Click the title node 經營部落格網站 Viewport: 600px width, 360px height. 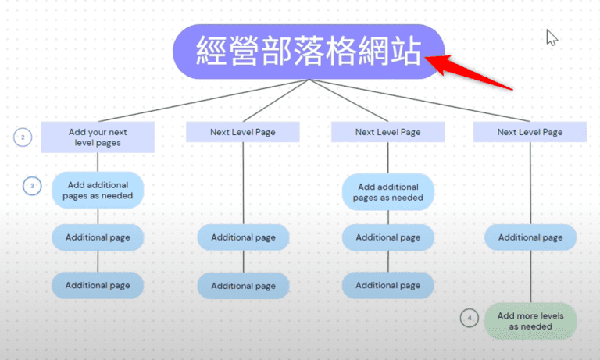(x=309, y=52)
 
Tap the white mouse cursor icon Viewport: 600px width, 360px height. (x=552, y=37)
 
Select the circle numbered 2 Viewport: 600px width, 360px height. (x=23, y=137)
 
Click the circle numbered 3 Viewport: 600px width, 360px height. (x=32, y=186)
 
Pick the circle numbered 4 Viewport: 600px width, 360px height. (x=469, y=319)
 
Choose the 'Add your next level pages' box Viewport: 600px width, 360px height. (x=98, y=137)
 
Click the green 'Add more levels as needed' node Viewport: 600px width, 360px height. (x=530, y=321)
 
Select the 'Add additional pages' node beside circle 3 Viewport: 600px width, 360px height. (x=98, y=190)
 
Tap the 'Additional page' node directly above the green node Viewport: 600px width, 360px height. (x=530, y=237)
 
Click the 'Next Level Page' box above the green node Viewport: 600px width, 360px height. (x=530, y=132)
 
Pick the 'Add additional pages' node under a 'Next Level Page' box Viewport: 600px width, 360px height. (x=388, y=192)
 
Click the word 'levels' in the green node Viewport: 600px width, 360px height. (x=550, y=315)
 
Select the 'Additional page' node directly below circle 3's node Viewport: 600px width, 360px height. (x=98, y=237)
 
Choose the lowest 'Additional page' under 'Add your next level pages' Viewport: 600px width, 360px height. (x=98, y=286)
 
